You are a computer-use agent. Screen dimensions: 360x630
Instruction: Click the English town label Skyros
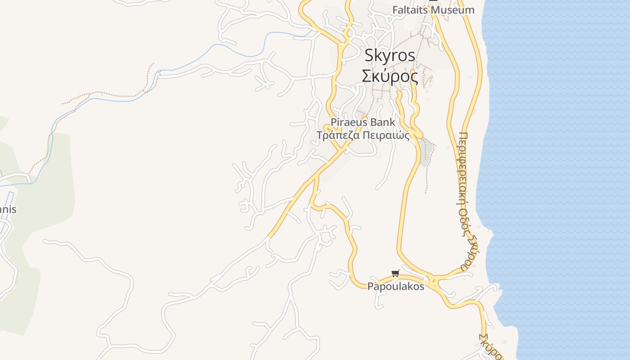point(390,55)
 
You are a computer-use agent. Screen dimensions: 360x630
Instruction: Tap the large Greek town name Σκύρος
point(390,76)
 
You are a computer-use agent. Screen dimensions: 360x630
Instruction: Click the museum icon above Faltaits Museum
point(433,1)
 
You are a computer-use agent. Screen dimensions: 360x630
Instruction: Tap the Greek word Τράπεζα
point(337,135)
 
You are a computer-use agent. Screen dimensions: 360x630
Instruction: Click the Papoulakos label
point(396,287)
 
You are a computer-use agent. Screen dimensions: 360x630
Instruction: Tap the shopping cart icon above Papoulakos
point(396,273)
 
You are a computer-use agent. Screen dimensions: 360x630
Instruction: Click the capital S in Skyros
point(369,55)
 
